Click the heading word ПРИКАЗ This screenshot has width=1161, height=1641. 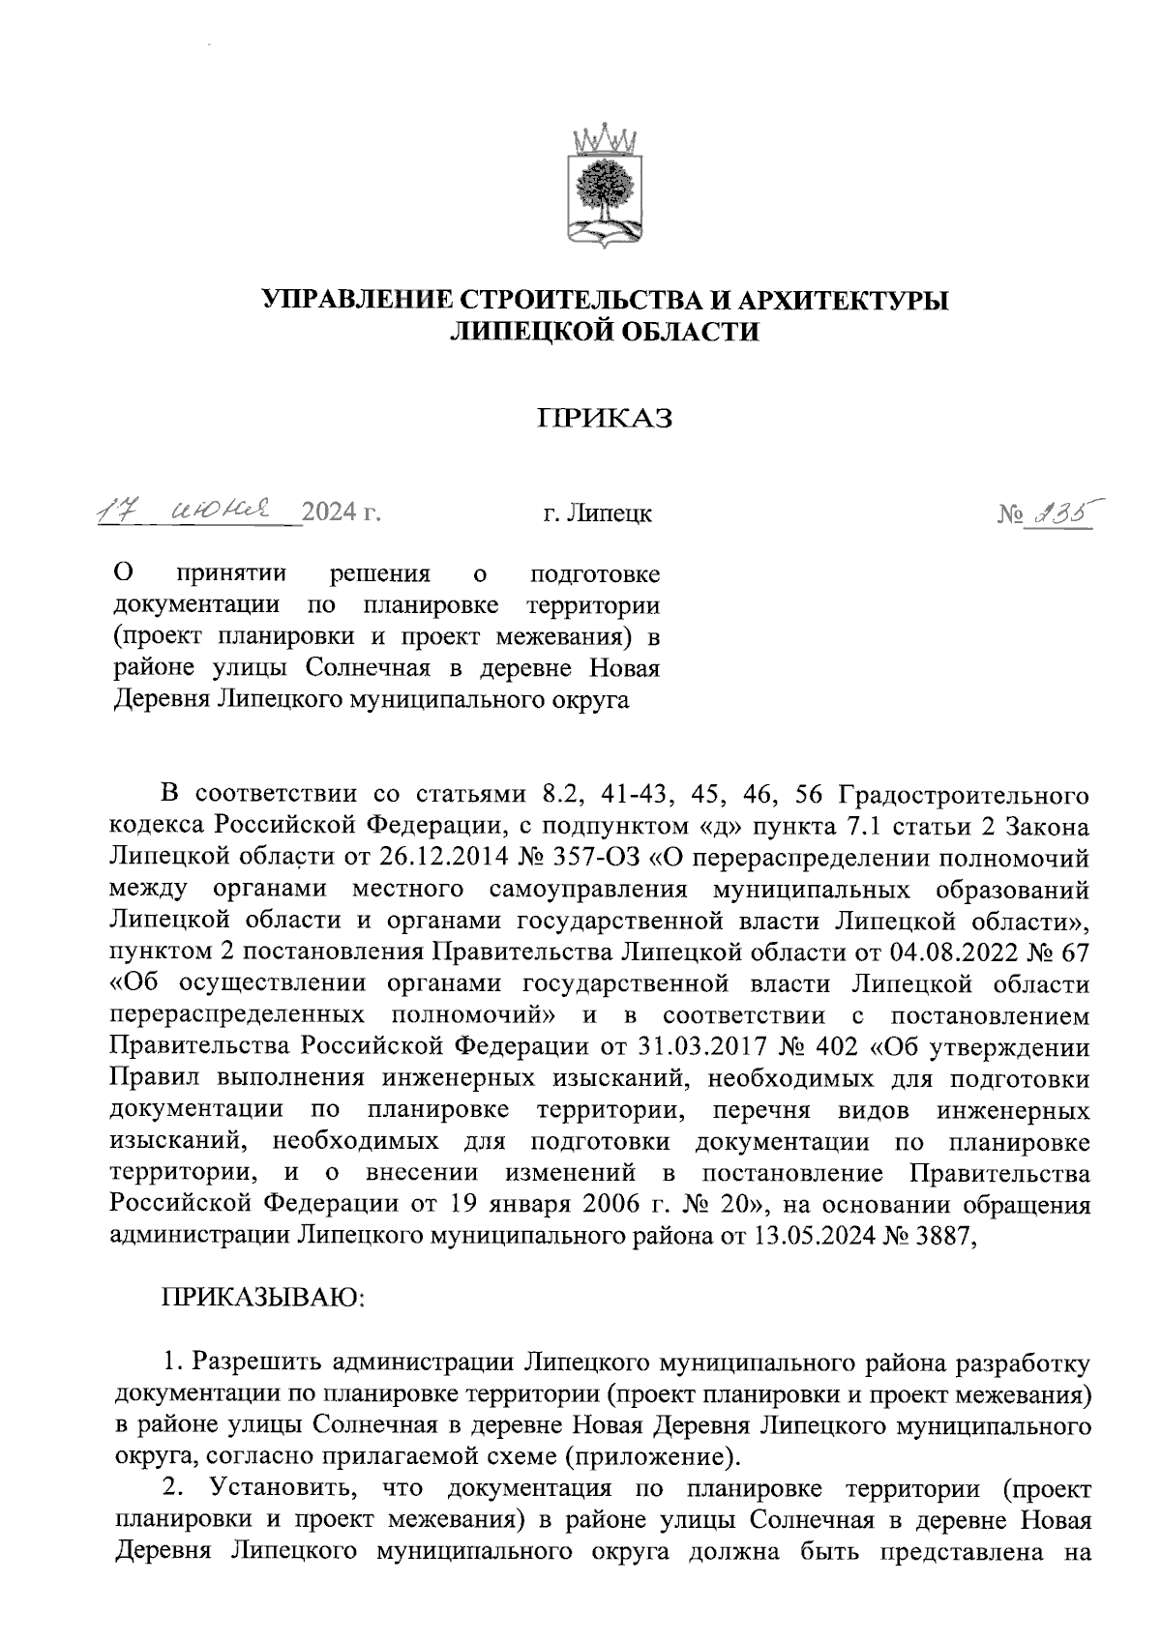click(x=606, y=418)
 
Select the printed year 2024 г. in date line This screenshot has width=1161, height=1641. click(x=341, y=513)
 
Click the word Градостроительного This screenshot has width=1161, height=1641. click(x=965, y=795)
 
